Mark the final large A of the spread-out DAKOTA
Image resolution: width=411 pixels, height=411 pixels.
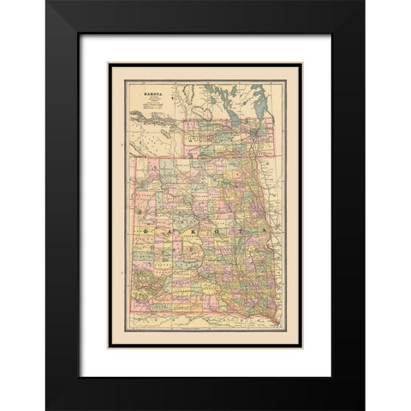click(267, 232)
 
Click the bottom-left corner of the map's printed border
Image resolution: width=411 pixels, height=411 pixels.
click(109, 348)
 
